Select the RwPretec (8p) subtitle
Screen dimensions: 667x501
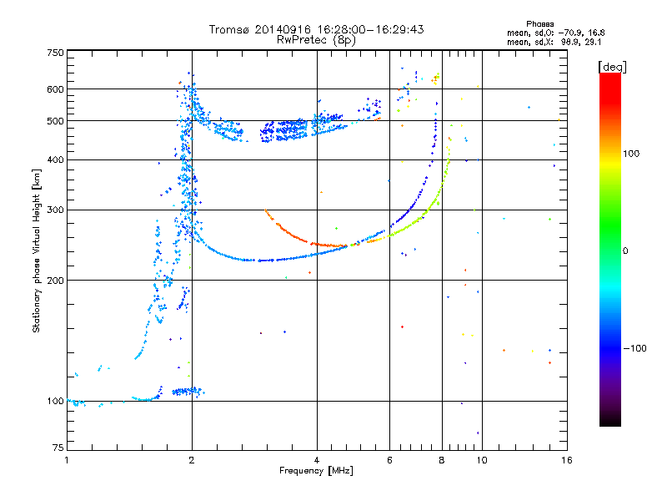(316, 40)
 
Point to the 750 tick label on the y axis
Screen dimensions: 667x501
(55, 53)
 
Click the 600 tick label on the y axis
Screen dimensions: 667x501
(55, 89)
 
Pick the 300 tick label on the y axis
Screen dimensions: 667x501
(55, 210)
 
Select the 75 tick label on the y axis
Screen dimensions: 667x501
(58, 448)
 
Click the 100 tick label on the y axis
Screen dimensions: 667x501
(55, 402)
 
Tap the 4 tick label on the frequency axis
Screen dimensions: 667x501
(317, 460)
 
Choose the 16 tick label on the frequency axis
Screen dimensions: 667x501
(567, 460)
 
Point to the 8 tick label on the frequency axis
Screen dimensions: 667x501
(442, 460)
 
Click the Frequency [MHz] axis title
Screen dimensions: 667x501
(316, 471)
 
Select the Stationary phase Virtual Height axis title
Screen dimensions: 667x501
(37, 250)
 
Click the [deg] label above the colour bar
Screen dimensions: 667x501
(612, 67)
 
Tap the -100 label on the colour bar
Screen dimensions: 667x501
(634, 348)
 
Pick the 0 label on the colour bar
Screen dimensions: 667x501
(625, 251)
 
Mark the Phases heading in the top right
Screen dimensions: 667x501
(539, 24)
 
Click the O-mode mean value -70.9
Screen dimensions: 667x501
(570, 33)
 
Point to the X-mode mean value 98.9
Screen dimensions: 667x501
(570, 42)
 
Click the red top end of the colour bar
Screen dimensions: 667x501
(610, 75)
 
